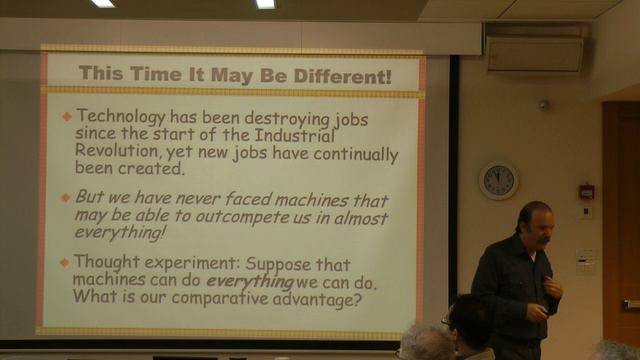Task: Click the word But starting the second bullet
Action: click(x=91, y=198)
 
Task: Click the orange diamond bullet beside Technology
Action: click(x=67, y=116)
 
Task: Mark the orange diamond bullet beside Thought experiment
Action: click(x=66, y=263)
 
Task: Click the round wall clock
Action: click(x=498, y=181)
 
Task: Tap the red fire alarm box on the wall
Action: click(x=586, y=190)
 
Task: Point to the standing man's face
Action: click(x=532, y=229)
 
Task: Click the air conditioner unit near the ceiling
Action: click(x=535, y=53)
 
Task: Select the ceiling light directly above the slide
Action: click(x=265, y=4)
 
